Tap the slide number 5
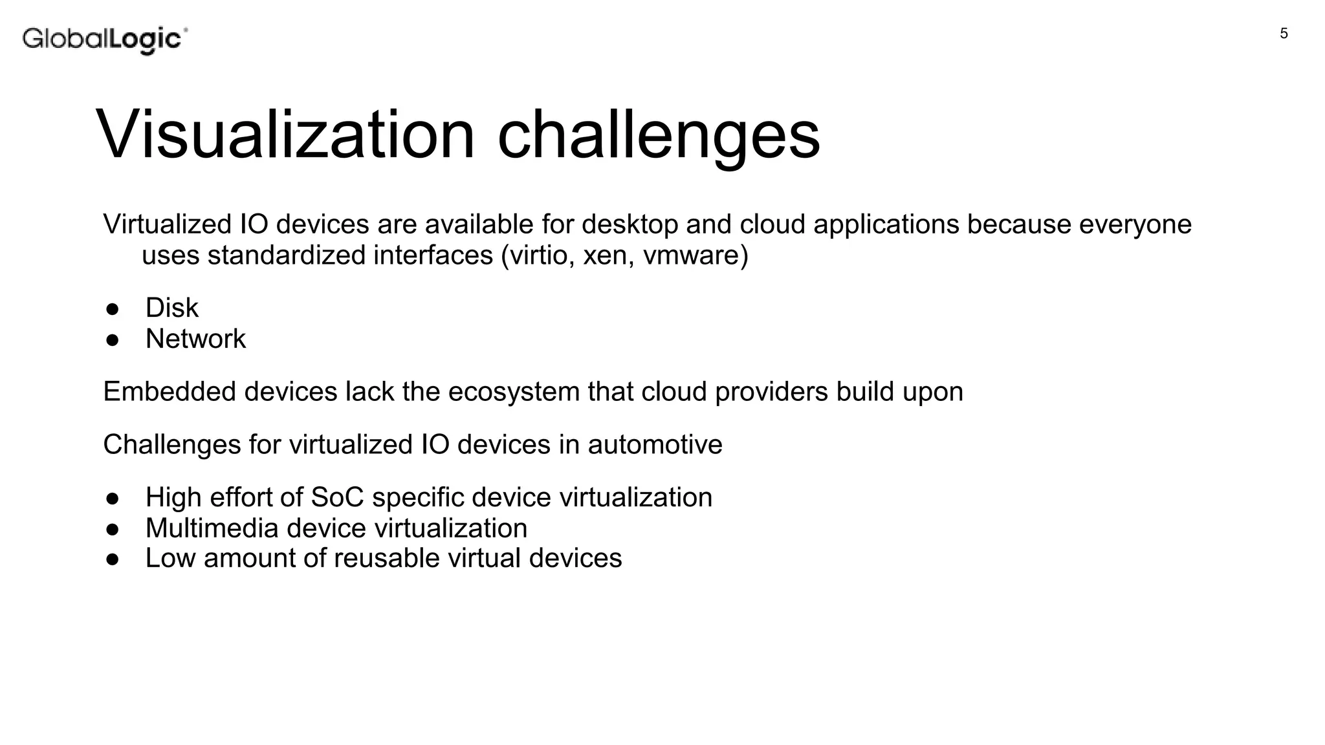(x=1284, y=34)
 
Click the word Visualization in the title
(x=285, y=135)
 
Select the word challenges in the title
(x=658, y=135)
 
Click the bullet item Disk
(x=171, y=308)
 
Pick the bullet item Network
(x=195, y=339)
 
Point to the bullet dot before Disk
(x=113, y=309)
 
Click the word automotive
(x=655, y=445)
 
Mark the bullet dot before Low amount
(x=113, y=559)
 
